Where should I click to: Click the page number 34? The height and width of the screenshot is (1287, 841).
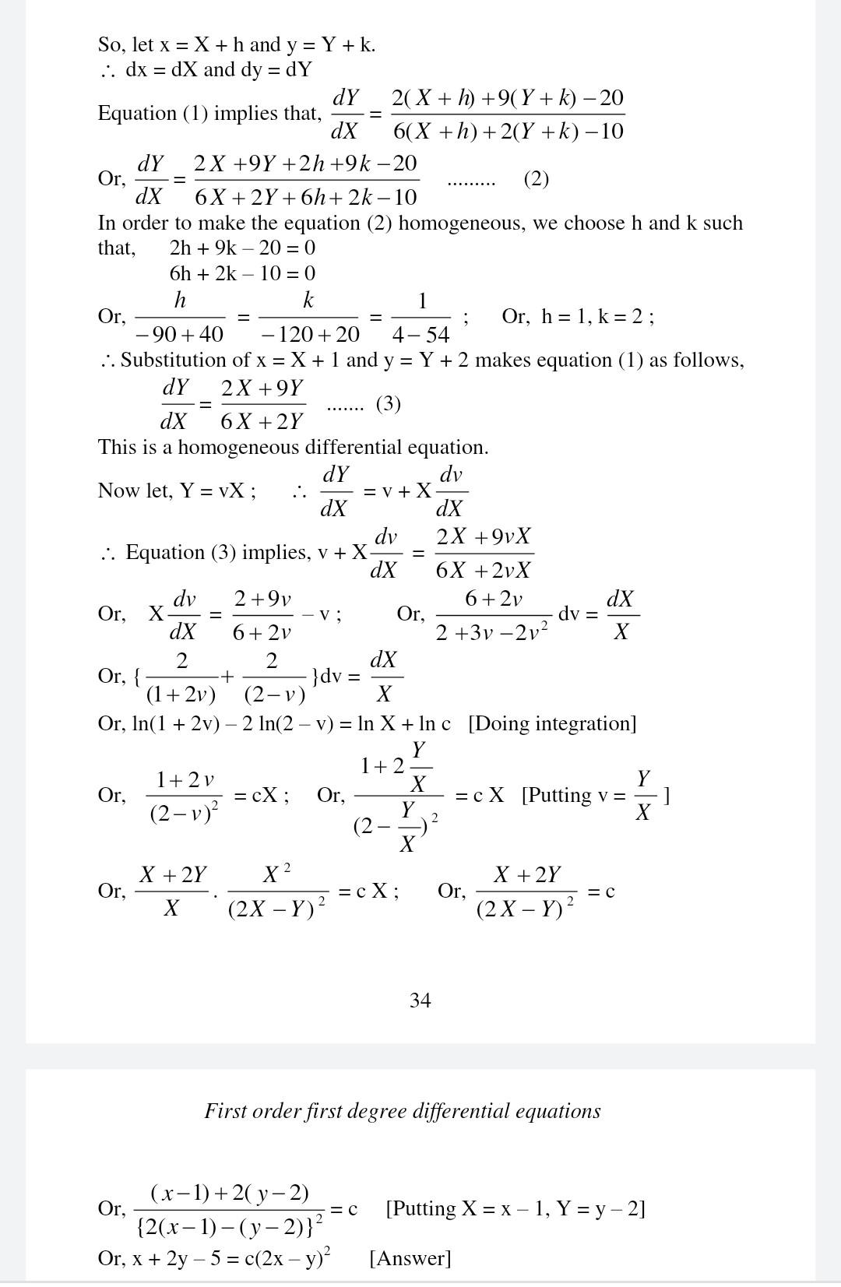pos(420,1000)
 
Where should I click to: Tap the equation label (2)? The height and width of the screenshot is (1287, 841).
pos(537,179)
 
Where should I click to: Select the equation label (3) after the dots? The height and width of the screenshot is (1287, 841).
pos(388,404)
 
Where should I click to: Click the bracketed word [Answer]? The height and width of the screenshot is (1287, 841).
pos(410,1258)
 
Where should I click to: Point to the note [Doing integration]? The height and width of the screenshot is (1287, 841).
pos(552,723)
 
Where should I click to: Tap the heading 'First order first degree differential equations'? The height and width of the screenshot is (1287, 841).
pos(403,1111)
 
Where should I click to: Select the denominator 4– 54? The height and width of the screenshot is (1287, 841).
pos(421,335)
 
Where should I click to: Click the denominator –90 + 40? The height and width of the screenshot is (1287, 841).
pos(179,335)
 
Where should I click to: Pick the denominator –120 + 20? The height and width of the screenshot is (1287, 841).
pos(308,335)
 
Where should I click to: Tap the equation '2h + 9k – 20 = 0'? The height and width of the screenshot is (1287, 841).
pos(242,248)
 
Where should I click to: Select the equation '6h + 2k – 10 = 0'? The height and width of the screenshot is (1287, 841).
pos(242,273)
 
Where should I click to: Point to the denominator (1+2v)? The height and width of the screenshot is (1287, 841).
pos(181,694)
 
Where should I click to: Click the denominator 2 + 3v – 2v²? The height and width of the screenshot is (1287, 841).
pos(491,632)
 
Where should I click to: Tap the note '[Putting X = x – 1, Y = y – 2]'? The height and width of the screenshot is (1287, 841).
pos(516,1208)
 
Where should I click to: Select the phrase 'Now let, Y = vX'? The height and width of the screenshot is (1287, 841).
pos(175,491)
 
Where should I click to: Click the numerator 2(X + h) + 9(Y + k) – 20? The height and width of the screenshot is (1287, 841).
pos(508,98)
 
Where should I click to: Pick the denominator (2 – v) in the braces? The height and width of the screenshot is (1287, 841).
pos(274,694)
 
